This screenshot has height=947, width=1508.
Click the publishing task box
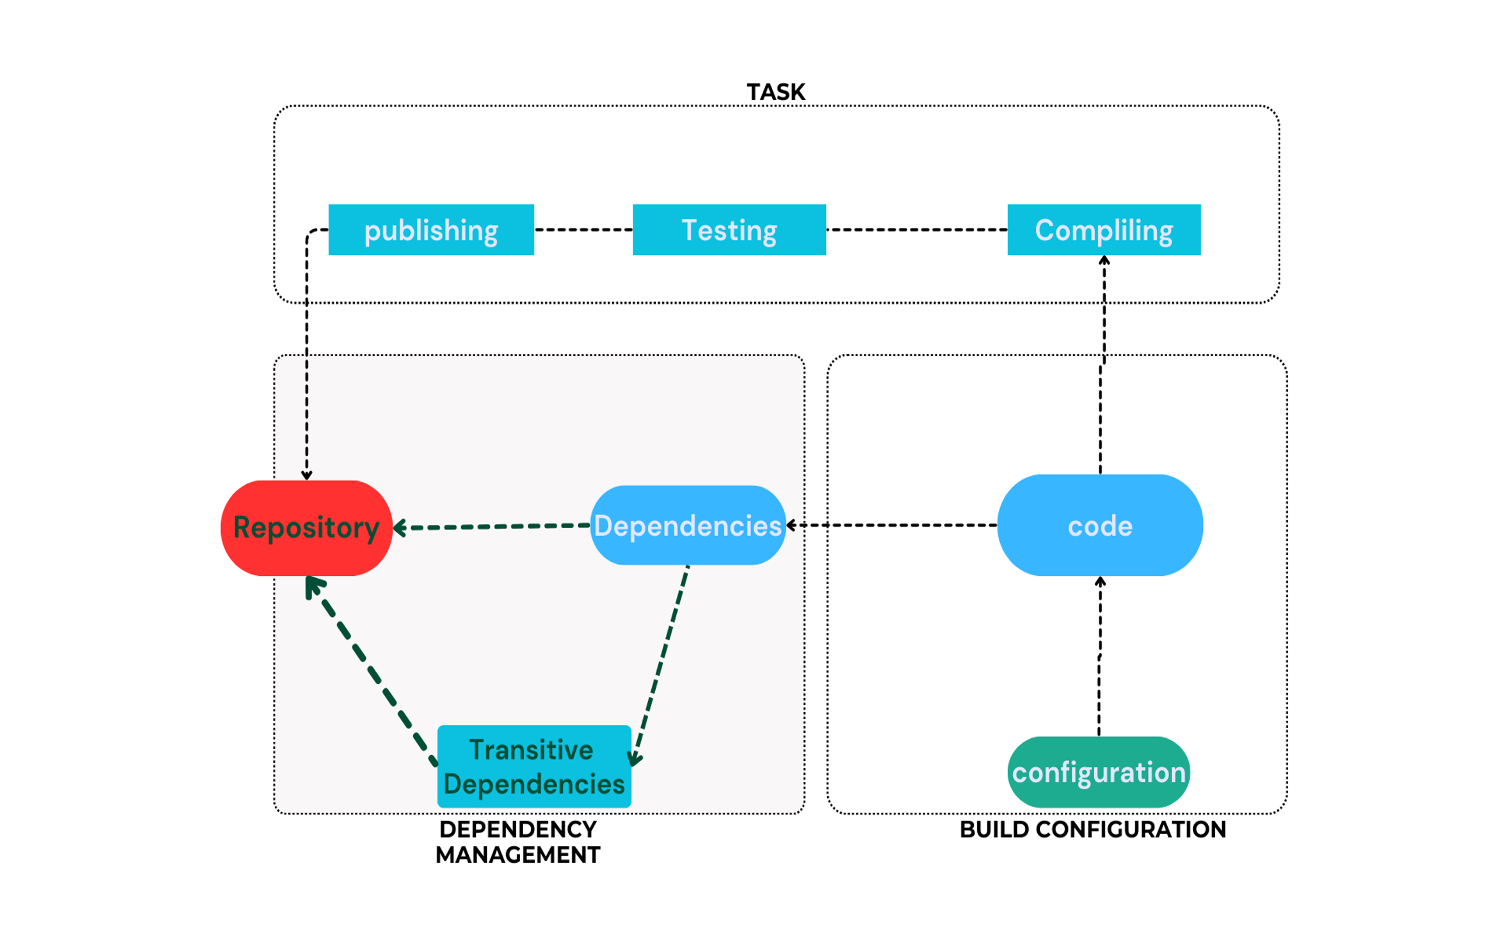coord(431,230)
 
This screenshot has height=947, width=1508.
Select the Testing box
coord(729,230)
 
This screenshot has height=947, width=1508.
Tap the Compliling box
coord(1104,230)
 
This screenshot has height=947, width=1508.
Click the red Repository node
coord(306,528)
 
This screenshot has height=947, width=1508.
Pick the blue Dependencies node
coord(687,526)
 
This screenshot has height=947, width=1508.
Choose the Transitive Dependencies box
coord(534,766)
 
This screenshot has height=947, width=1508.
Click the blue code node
coord(1099,526)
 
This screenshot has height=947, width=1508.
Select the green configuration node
coord(1098,772)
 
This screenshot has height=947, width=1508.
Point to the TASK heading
coord(775,92)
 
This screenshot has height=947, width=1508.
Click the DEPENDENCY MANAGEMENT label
coord(518,842)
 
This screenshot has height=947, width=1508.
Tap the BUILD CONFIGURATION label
coord(1093,830)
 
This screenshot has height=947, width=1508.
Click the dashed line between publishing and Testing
coord(583,230)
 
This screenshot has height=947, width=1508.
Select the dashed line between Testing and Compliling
coord(916,230)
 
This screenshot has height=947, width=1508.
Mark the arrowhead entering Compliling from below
coord(1104,260)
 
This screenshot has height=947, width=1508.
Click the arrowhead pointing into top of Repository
coord(306,475)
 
